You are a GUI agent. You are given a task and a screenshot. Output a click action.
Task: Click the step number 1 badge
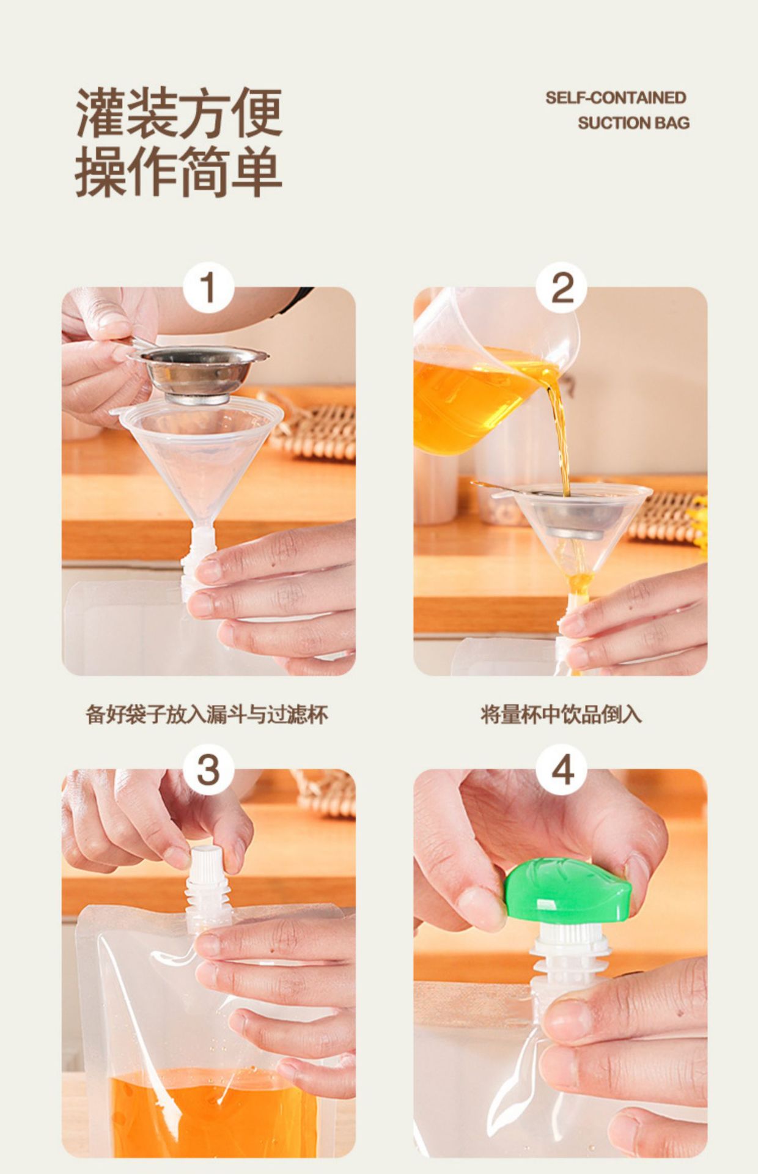point(208,287)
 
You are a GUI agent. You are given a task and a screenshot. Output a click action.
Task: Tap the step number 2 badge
point(561,287)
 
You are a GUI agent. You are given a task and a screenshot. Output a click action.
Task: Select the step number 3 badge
point(208,769)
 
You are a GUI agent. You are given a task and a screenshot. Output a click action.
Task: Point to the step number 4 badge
point(561,769)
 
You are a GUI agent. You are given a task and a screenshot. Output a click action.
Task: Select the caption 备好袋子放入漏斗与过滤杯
point(207,714)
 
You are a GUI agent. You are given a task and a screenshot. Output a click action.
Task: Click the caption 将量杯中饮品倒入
point(561,714)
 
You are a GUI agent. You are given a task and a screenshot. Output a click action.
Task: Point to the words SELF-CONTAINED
point(616,98)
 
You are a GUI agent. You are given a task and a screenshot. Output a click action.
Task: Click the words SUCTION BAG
point(633,123)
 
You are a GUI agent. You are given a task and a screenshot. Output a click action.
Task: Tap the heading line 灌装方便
point(178,113)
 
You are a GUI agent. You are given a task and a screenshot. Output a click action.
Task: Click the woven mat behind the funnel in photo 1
point(312,426)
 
